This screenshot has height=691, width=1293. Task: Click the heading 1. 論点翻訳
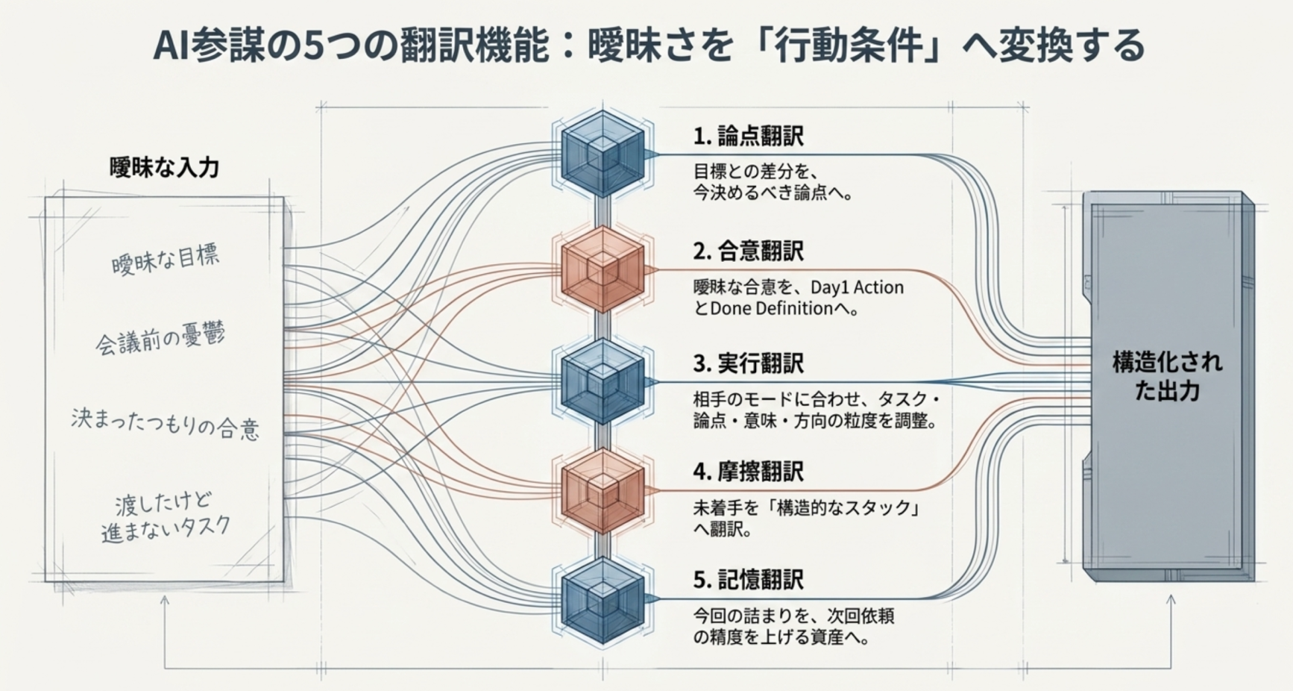[x=748, y=137]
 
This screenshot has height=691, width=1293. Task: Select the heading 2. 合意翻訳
[x=748, y=251]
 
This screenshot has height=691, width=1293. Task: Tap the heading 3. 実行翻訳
[x=748, y=363]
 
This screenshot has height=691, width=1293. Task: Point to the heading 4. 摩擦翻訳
[x=748, y=472]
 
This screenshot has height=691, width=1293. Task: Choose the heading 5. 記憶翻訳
[x=748, y=580]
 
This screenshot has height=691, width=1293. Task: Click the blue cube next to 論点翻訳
[x=603, y=154]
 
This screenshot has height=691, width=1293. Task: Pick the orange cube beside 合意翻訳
[x=603, y=269]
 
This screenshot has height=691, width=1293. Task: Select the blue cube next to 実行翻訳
[x=603, y=381]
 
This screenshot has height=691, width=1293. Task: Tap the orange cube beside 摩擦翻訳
[x=603, y=491]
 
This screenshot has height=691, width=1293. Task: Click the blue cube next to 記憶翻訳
[x=603, y=599]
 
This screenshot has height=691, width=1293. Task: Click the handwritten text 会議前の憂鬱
[x=160, y=340]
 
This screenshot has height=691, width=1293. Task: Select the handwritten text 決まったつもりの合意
[x=165, y=423]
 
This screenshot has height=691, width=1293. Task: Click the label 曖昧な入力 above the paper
[x=165, y=167]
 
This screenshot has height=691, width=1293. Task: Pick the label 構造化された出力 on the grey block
[x=1167, y=376]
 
